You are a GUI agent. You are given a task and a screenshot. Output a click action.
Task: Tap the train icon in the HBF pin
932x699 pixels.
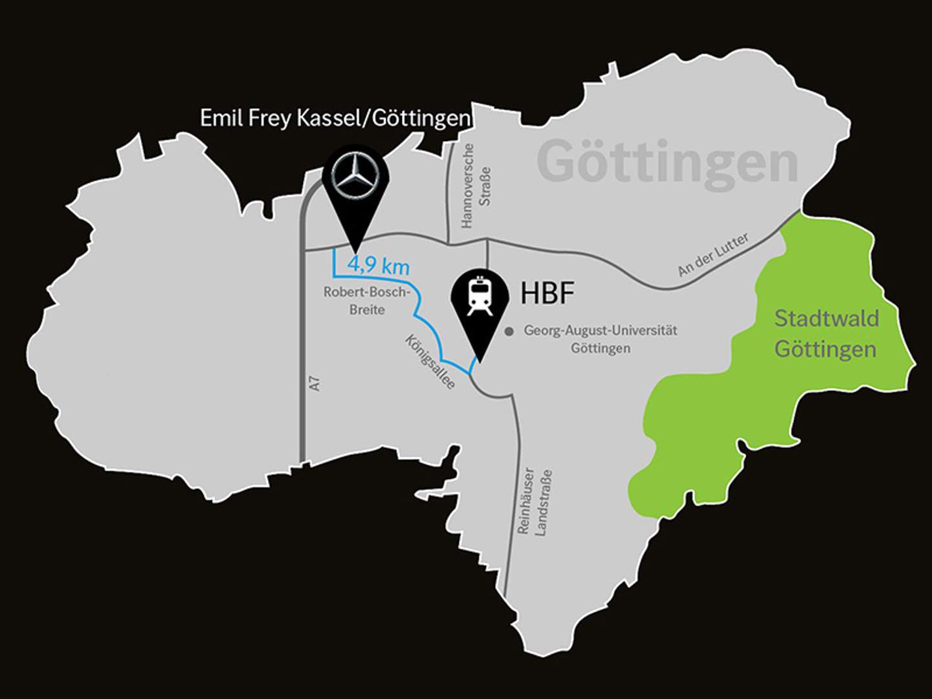(480, 296)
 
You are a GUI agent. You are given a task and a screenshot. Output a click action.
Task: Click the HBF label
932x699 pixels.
(548, 293)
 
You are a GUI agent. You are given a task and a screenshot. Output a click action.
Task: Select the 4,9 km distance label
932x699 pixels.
(378, 265)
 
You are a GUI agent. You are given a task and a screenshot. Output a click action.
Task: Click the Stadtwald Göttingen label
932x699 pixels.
(826, 334)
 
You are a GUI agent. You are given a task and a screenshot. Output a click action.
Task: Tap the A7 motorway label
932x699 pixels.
(315, 383)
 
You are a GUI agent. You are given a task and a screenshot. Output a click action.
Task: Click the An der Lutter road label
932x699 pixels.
(713, 254)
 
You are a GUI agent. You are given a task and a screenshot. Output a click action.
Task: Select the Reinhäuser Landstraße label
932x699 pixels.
(535, 502)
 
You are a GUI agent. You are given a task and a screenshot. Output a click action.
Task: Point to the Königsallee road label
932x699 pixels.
(430, 361)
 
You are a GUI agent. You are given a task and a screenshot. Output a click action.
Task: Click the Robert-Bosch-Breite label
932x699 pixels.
(367, 300)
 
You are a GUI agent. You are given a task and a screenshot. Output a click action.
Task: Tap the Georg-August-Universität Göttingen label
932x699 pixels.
(600, 339)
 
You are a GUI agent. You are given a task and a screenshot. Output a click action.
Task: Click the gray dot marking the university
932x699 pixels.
(509, 331)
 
